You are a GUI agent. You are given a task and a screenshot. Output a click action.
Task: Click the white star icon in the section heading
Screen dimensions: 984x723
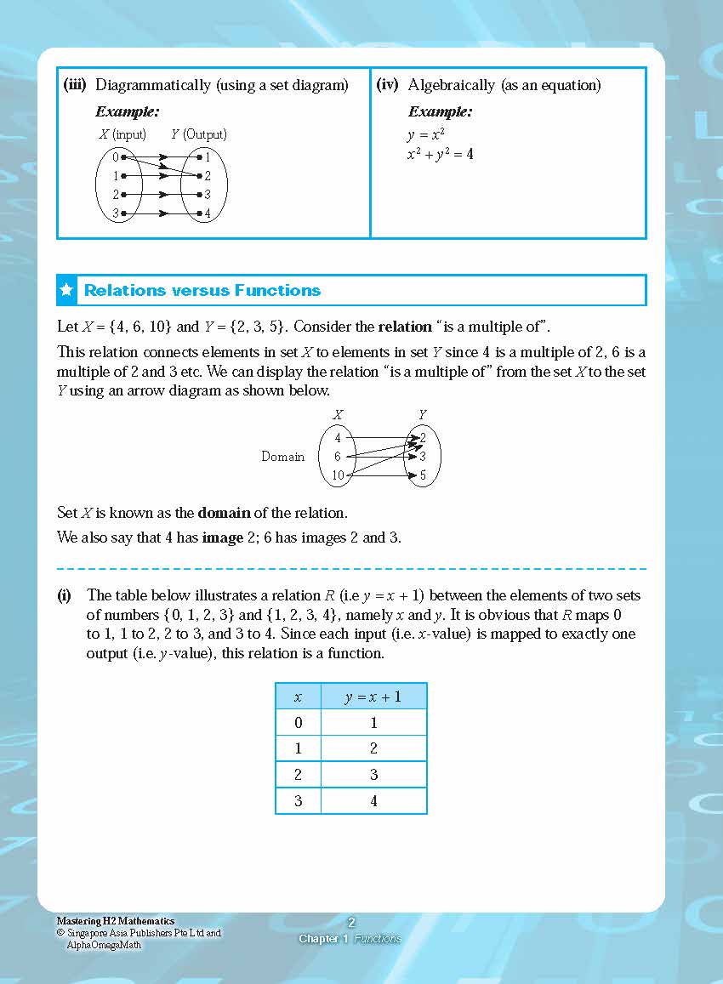67,290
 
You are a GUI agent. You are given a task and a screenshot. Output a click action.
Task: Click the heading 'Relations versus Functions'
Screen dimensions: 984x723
202,290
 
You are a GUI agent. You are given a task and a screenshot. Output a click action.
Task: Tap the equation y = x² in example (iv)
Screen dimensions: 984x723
426,134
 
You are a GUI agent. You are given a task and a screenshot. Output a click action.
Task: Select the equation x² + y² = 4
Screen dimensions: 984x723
440,154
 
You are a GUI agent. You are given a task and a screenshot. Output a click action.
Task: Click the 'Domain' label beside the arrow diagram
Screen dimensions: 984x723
282,457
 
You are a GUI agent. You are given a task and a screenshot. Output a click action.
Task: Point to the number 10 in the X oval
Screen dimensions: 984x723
338,475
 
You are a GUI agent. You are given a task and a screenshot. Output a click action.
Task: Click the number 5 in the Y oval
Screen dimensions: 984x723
423,475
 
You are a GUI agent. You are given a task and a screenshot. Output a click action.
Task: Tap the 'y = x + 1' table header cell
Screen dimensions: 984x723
373,697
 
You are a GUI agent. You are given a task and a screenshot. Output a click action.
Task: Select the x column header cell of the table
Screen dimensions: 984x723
298,697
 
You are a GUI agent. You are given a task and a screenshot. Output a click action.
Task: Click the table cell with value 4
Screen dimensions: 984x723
373,801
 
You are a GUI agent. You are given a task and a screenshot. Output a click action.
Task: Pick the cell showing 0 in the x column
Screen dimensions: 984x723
298,723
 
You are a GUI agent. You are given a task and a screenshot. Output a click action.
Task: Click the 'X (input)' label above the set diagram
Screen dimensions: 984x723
122,134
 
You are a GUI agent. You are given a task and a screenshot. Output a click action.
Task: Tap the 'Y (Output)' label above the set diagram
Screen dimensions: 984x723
198,134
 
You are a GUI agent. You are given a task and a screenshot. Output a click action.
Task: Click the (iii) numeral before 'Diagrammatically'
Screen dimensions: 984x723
77,85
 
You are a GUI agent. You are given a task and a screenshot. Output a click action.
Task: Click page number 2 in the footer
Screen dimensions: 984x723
351,922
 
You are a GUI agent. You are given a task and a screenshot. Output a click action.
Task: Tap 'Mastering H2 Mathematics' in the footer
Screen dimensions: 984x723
115,921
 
